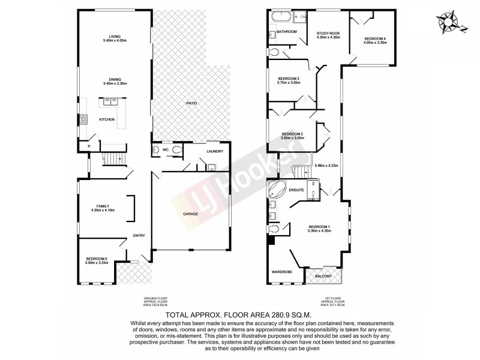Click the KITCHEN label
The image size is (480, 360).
point(107,119)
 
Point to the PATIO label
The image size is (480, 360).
point(191,103)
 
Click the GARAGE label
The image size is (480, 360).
point(191,214)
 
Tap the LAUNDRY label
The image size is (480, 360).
point(214,151)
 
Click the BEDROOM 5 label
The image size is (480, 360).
point(96,259)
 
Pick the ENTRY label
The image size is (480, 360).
point(139,235)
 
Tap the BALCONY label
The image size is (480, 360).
point(323,276)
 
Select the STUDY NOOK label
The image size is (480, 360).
point(328,34)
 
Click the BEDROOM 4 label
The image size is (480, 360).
point(374,39)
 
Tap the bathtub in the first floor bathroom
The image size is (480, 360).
point(280,17)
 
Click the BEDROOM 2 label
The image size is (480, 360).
point(292,134)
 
